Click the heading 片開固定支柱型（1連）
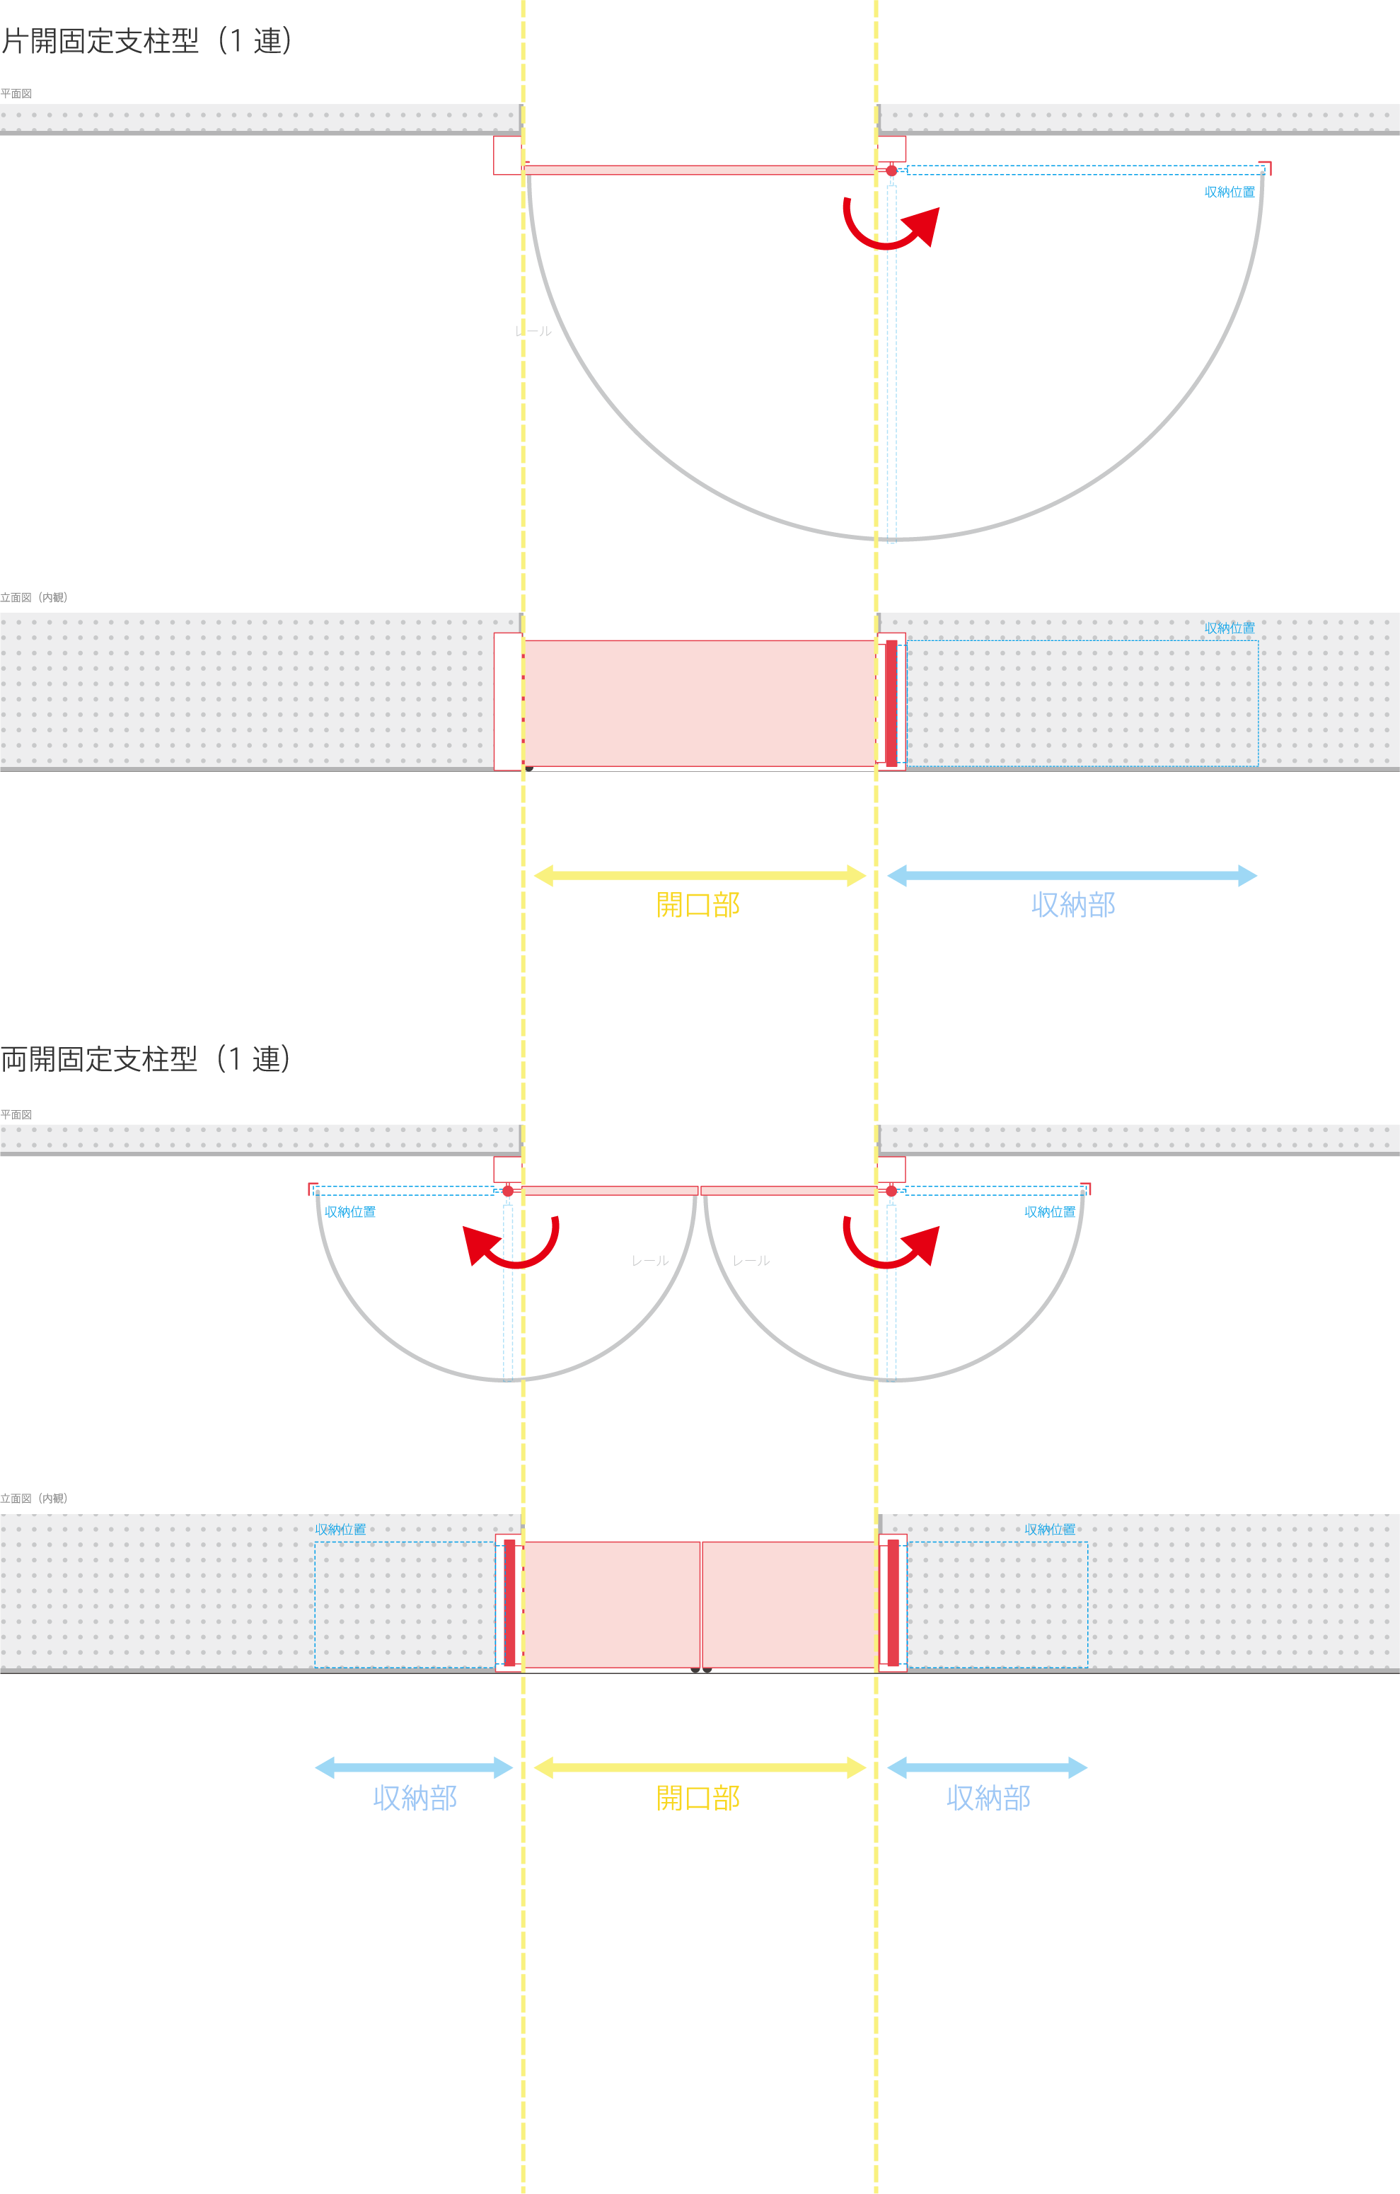146,41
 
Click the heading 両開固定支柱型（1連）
145,1058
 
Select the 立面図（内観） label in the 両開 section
34,1498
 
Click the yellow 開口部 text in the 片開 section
698,905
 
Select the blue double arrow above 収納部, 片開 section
1072,876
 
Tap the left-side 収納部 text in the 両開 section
415,1798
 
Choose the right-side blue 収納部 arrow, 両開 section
988,1767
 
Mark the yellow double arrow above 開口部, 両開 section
699,1767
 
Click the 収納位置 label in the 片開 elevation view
1229,628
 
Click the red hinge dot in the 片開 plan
891,171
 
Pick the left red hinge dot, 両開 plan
508,1191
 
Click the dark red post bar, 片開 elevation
891,703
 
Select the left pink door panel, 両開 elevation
611,1605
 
